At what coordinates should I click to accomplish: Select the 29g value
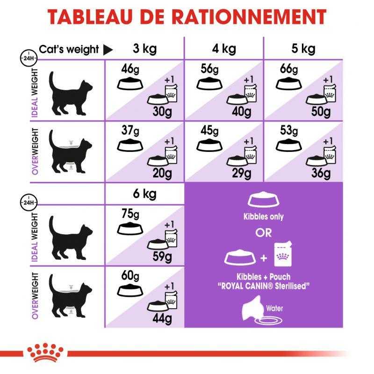(x=241, y=173)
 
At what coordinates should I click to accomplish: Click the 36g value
(x=321, y=173)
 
